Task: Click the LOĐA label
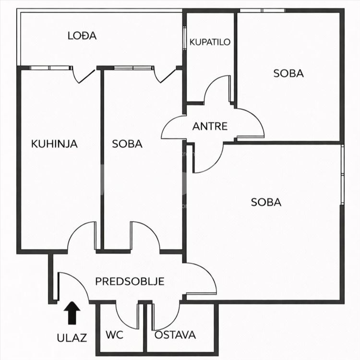click(82, 36)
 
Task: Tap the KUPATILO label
click(210, 42)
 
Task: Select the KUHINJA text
click(54, 144)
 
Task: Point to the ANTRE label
click(210, 126)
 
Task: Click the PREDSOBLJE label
click(130, 281)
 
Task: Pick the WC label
click(114, 335)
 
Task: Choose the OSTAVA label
click(175, 335)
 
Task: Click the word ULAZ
click(72, 338)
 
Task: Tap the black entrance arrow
click(72, 313)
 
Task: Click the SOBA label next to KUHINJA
click(127, 144)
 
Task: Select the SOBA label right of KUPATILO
click(288, 73)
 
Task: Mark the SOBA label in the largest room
click(266, 202)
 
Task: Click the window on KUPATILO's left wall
click(184, 37)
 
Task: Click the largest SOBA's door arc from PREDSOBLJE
click(208, 273)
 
